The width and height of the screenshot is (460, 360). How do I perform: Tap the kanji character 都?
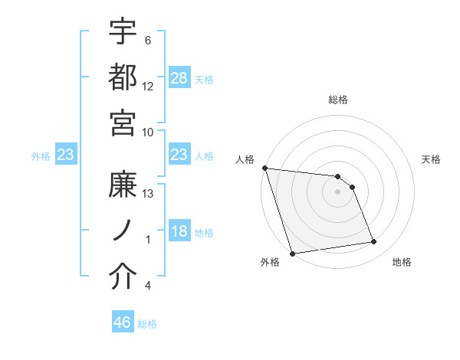[123, 77]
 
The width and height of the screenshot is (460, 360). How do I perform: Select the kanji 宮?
[123, 123]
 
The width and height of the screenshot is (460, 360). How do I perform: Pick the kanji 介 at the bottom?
[123, 277]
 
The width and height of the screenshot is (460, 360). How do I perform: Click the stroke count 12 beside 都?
[148, 86]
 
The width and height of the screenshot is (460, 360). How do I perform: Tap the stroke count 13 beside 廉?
[148, 194]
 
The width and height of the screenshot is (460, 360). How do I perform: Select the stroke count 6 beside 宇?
[148, 40]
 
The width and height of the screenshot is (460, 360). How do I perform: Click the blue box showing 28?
[179, 77]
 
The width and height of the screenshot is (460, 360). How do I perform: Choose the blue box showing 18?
[179, 231]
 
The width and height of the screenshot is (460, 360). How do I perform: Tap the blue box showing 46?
[123, 322]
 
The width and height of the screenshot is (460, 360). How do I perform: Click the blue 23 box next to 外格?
[65, 155]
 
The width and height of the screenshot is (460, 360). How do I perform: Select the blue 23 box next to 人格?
[179, 155]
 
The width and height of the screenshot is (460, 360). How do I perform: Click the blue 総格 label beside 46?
[147, 323]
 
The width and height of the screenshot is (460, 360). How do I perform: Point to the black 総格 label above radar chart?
[338, 100]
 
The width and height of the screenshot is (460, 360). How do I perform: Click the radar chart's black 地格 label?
[402, 262]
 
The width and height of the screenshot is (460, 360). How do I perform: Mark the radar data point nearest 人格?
[264, 168]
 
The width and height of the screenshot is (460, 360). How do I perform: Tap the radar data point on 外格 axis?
[292, 254]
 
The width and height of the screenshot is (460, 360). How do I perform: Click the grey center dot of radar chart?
[337, 191]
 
